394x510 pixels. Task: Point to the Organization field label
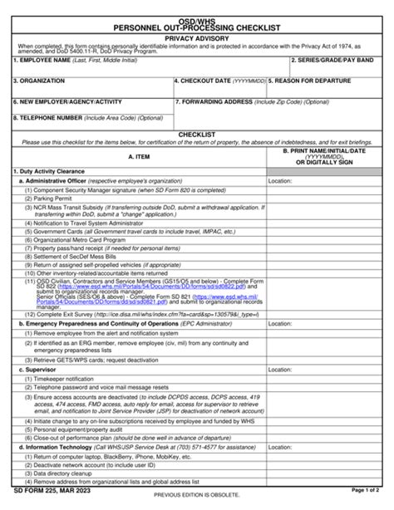pyautogui.click(x=39, y=81)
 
